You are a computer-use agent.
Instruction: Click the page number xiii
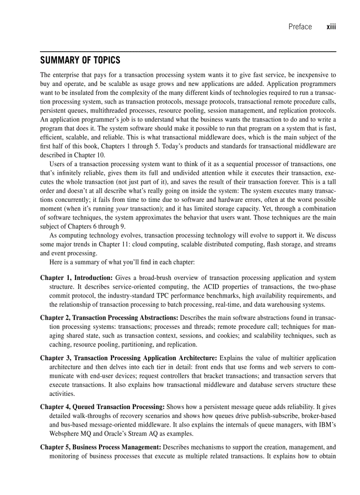tap(331, 27)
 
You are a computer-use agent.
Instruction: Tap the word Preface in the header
tap(300, 27)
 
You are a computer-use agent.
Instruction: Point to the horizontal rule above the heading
tap(188, 52)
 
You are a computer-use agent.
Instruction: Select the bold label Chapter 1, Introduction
tap(77, 278)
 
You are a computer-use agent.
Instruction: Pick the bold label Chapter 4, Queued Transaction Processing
tap(102, 406)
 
